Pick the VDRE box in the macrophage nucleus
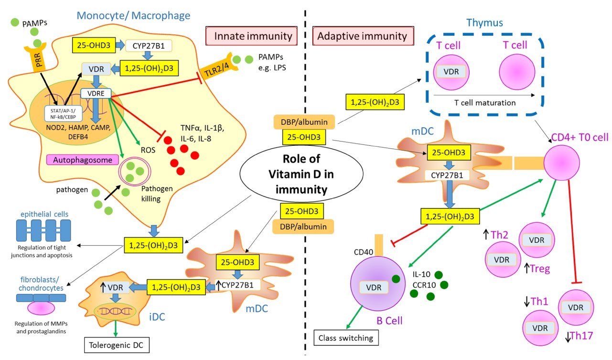tap(95, 94)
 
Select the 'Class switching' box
tap(345, 338)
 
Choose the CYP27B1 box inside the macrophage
tap(149, 46)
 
